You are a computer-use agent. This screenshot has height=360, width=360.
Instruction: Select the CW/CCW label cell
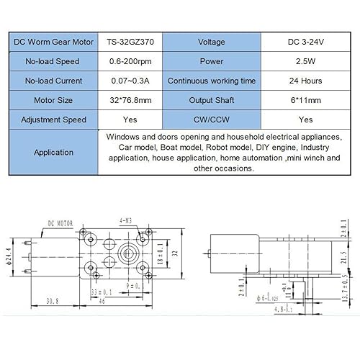211,120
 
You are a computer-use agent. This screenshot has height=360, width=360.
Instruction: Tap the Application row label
54,152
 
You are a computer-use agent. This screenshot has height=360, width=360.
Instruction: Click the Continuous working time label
211,81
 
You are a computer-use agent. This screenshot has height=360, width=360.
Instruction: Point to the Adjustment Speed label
54,120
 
